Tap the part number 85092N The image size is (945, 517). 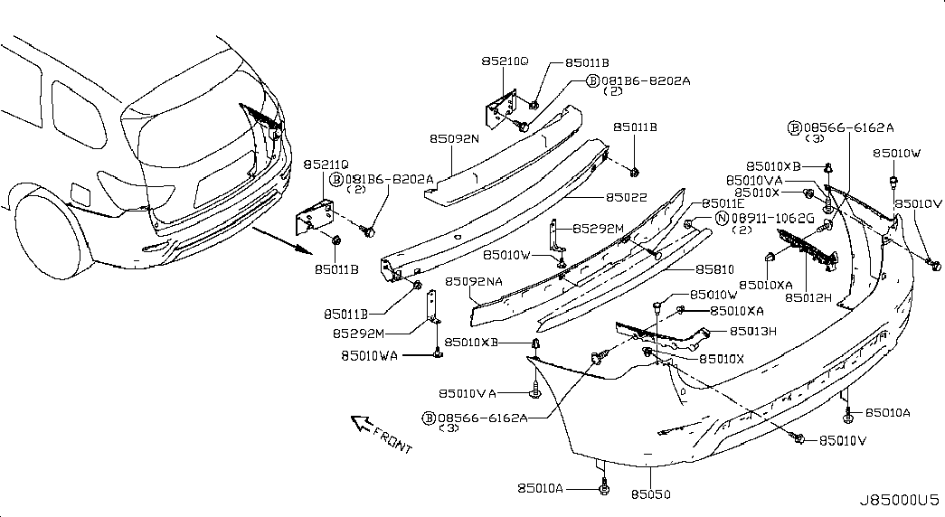(454, 138)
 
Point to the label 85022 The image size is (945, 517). (626, 196)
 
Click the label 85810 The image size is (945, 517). (714, 269)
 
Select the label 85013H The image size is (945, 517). (753, 331)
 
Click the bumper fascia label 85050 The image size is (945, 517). (650, 494)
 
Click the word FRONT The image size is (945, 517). (392, 440)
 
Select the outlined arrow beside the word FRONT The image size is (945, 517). (362, 422)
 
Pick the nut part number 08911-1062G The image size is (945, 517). (772, 219)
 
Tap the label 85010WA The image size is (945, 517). (369, 355)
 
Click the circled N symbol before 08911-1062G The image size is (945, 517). (722, 219)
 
